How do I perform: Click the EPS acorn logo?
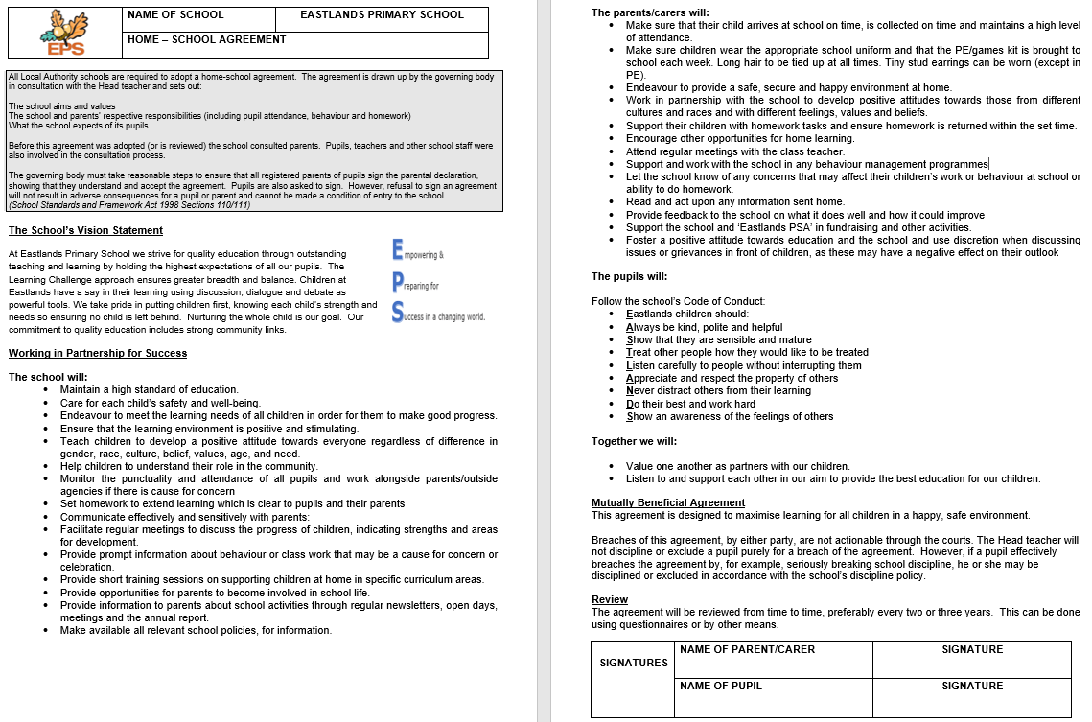64,34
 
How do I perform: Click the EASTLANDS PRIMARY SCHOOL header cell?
381,15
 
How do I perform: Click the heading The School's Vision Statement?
85,230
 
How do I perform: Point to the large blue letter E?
397,250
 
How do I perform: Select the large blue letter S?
397,313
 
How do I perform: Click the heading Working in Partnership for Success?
98,353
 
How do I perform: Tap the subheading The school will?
48,377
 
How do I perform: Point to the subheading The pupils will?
630,277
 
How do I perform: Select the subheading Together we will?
634,441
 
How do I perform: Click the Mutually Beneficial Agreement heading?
667,502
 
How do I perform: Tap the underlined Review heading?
610,599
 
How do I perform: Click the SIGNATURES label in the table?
633,663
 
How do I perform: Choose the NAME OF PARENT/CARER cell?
773,660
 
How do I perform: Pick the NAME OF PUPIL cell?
773,697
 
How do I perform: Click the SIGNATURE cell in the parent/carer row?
971,660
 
